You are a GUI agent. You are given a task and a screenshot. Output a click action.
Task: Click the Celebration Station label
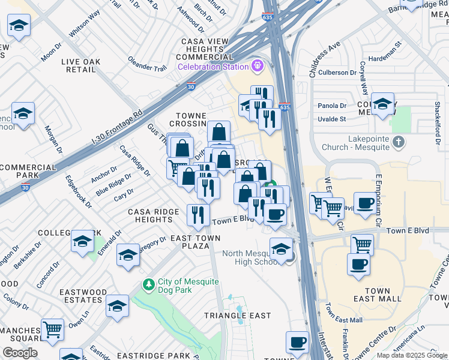click(x=212, y=66)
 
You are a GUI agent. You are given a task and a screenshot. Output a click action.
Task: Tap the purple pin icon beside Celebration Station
click(x=258, y=65)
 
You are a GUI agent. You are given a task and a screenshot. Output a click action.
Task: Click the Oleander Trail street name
click(x=146, y=64)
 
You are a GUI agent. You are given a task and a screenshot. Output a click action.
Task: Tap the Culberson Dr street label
click(x=342, y=73)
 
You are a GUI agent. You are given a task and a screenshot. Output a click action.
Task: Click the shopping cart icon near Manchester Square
click(x=53, y=329)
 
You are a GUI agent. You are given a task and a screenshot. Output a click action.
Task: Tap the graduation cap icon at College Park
click(x=82, y=241)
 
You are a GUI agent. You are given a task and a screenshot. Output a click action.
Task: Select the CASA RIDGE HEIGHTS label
click(x=154, y=216)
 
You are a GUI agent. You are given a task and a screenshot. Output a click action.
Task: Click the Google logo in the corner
click(x=20, y=353)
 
